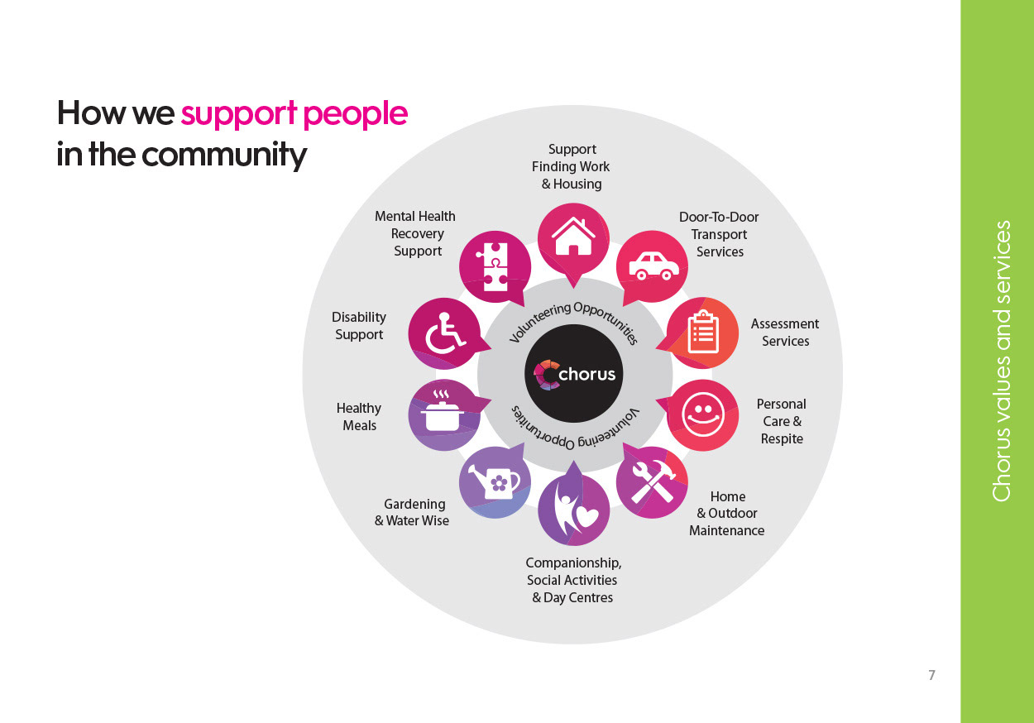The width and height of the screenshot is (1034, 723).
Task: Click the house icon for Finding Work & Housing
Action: pos(573,238)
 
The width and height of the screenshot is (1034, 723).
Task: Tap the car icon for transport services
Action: pos(653,266)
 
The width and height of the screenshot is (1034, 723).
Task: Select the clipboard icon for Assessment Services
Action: pos(702,333)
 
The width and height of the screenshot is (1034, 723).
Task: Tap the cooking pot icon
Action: pos(444,413)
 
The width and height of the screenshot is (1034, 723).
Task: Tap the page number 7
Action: pos(931,675)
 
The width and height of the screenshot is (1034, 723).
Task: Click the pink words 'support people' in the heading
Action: pos(294,113)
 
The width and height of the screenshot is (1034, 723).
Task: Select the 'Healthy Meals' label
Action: pos(359,417)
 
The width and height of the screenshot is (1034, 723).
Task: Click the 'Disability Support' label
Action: pos(359,326)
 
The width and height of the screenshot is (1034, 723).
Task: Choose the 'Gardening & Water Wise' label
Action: pos(413,512)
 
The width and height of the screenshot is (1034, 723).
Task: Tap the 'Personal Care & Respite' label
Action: pos(781,421)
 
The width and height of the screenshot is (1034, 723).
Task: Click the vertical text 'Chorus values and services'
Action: pos(1001,361)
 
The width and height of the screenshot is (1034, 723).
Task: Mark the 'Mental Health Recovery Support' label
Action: pos(415,233)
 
